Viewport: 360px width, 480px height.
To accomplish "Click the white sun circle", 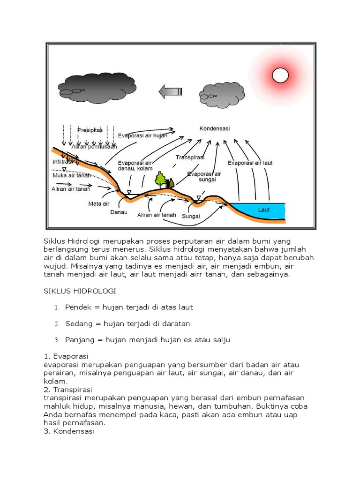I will pyautogui.click(x=280, y=75).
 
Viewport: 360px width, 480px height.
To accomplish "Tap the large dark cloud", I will pyautogui.click(x=97, y=85).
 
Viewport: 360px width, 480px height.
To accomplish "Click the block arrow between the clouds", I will pyautogui.click(x=170, y=91).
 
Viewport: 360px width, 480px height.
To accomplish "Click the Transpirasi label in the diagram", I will pyautogui.click(x=190, y=157).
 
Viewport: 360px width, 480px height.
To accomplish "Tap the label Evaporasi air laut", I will pyautogui.click(x=250, y=163).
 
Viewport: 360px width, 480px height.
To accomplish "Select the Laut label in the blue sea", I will pyautogui.click(x=264, y=210).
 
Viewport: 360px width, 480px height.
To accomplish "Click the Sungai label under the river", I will pyautogui.click(x=191, y=216).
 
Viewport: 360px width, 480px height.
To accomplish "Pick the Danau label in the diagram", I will pyautogui.click(x=119, y=212).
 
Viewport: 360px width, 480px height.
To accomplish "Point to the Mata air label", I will pyautogui.click(x=98, y=203).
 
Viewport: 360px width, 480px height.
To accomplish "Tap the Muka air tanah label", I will pyautogui.click(x=71, y=175).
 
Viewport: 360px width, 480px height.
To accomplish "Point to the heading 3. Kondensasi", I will pyautogui.click(x=68, y=431).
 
